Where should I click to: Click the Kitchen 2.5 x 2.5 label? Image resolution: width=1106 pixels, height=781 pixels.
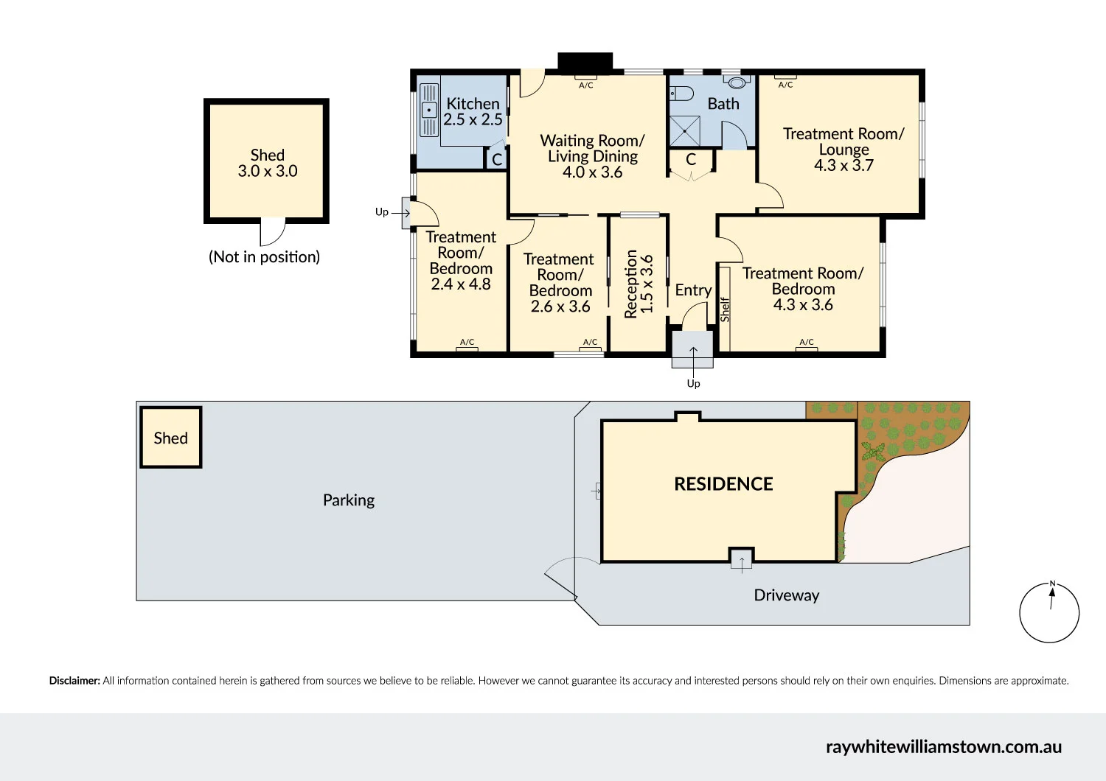click(x=473, y=111)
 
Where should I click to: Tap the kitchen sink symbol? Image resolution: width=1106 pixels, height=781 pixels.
click(x=429, y=110)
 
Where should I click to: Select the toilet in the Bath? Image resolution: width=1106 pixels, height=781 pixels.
click(x=681, y=93)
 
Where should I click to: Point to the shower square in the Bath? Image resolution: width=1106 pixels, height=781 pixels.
click(x=685, y=131)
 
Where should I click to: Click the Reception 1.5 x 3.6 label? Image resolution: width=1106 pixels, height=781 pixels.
click(x=639, y=284)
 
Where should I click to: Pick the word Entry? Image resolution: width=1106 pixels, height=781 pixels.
click(x=693, y=290)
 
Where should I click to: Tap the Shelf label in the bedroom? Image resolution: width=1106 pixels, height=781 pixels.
click(x=724, y=309)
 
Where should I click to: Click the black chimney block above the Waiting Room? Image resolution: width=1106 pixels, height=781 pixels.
click(x=585, y=61)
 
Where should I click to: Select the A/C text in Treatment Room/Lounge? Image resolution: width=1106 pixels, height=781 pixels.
click(x=785, y=85)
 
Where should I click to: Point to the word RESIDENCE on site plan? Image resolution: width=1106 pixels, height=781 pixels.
click(x=723, y=484)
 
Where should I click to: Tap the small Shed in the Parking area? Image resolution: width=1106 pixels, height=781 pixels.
click(x=171, y=437)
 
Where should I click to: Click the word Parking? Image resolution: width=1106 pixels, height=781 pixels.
click(x=349, y=500)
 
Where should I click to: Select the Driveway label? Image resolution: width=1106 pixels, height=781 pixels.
click(x=787, y=595)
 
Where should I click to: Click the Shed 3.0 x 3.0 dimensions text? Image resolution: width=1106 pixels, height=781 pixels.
click(x=268, y=171)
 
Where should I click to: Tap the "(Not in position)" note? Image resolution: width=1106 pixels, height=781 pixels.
click(x=264, y=257)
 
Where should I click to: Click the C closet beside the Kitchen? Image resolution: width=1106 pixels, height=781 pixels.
click(x=497, y=159)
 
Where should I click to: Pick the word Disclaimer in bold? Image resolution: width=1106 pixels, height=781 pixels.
click(x=74, y=681)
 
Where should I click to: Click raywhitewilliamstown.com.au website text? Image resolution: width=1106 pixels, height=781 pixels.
click(x=944, y=747)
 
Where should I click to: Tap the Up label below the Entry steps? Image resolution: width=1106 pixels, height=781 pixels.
click(x=693, y=383)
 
